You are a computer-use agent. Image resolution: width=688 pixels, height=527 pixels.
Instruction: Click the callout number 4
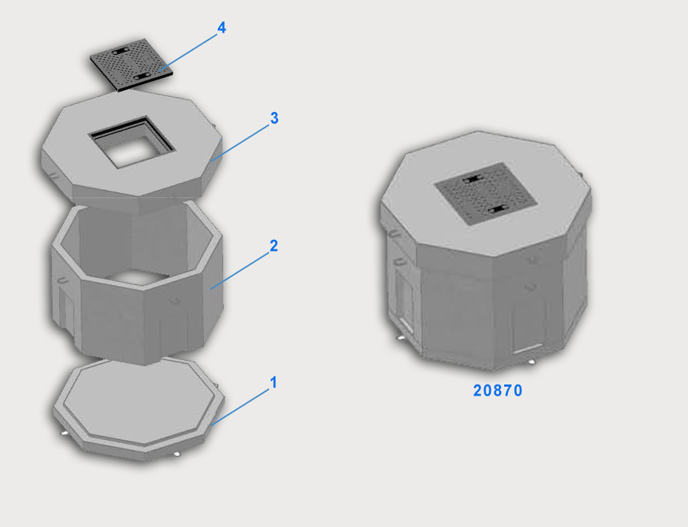[x=222, y=27]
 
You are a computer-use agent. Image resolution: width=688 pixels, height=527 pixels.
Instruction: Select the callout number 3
[x=274, y=118]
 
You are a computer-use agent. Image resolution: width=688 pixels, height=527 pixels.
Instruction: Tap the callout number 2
[x=274, y=246]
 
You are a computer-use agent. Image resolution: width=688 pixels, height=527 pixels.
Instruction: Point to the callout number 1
[x=274, y=382]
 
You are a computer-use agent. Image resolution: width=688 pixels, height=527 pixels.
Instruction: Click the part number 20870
[x=497, y=390]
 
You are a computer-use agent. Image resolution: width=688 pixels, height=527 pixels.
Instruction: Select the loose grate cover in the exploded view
[x=130, y=65]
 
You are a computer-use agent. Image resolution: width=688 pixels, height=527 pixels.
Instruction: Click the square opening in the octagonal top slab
[x=133, y=142]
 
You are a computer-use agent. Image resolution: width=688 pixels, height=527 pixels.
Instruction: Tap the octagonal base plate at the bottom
[x=139, y=408]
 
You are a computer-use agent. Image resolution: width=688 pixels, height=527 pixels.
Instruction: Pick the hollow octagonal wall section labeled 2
[x=137, y=281]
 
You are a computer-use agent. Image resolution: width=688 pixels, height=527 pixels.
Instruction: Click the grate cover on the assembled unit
[x=486, y=193]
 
